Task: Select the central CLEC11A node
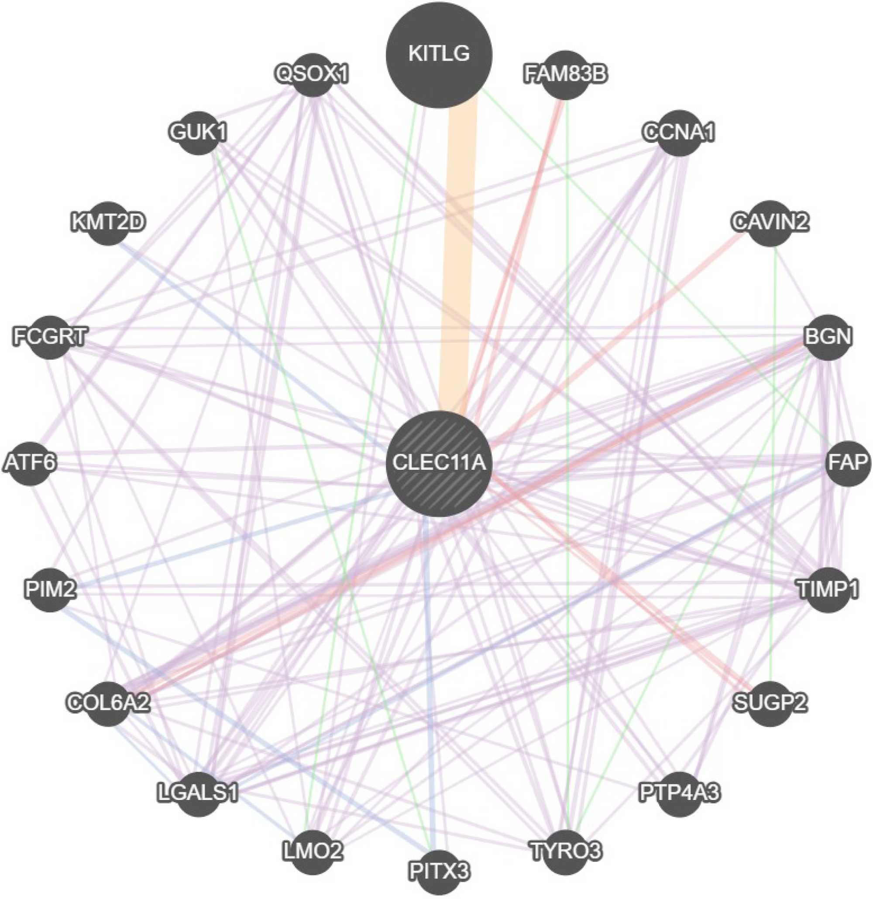click(x=438, y=463)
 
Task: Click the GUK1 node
click(x=198, y=133)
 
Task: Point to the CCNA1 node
click(x=678, y=133)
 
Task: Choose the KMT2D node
click(x=108, y=223)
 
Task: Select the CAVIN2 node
click(x=769, y=223)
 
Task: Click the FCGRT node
click(x=50, y=337)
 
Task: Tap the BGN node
click(x=827, y=337)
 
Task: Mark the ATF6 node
click(x=30, y=463)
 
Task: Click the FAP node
click(x=847, y=463)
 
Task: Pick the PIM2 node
click(x=50, y=589)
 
